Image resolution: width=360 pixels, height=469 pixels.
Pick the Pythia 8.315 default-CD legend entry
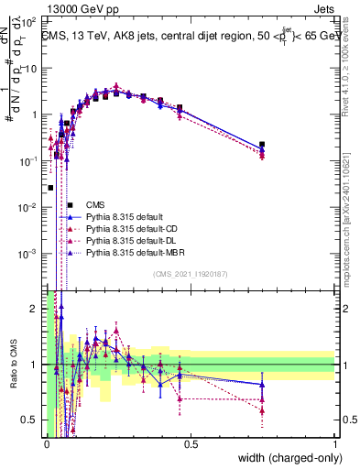[x=129, y=228]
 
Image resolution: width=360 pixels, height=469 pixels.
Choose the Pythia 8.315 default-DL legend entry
[x=129, y=240]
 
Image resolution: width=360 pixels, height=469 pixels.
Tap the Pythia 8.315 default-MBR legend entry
[x=132, y=252]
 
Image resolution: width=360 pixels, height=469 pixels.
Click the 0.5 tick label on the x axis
[x=191, y=444]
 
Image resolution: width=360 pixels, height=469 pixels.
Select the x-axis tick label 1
[x=335, y=444]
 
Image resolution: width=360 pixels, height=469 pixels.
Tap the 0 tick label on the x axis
[x=47, y=444]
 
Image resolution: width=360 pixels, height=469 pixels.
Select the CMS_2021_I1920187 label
[x=190, y=274]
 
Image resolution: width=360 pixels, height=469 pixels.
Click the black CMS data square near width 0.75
[x=263, y=145]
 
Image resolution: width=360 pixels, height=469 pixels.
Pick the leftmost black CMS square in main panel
[x=50, y=188]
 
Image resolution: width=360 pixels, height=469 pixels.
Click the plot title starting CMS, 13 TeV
[x=188, y=37]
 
